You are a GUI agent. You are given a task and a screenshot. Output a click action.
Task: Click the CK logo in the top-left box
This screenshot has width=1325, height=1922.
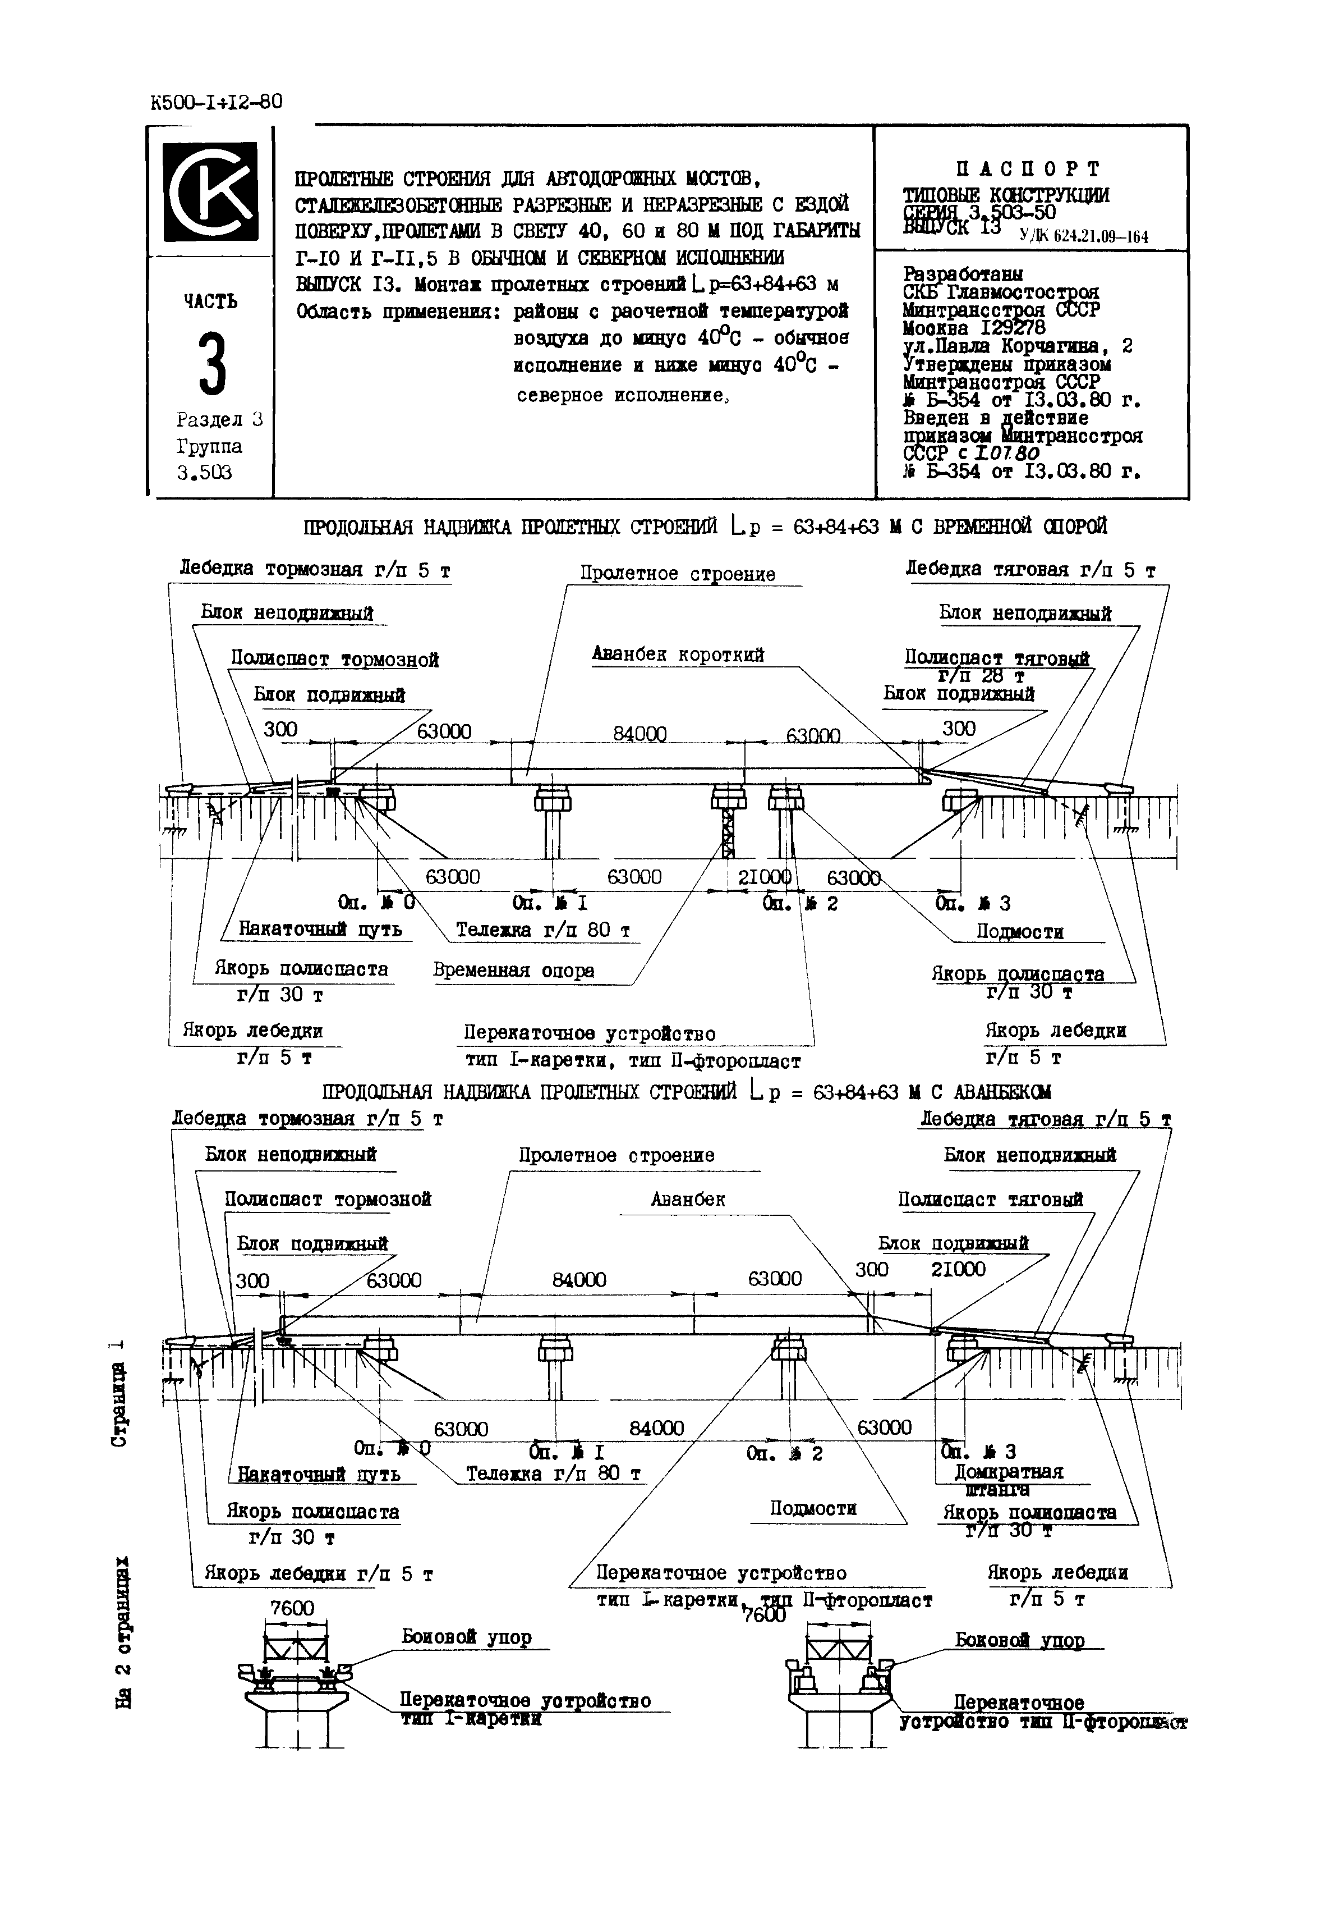209,190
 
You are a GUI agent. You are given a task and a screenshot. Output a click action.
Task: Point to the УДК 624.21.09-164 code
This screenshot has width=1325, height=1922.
1084,237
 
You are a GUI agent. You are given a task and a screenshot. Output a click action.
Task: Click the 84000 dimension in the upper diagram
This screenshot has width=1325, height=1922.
640,734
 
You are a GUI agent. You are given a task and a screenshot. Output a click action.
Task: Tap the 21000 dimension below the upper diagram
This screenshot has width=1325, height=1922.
764,877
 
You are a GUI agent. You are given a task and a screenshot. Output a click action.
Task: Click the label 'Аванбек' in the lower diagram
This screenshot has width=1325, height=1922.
688,1200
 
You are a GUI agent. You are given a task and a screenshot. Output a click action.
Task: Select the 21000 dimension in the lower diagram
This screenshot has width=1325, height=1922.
958,1269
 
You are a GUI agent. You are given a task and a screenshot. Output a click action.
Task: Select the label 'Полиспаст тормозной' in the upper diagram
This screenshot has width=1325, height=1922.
334,660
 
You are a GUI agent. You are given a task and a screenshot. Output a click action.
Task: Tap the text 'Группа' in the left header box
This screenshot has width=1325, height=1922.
209,447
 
